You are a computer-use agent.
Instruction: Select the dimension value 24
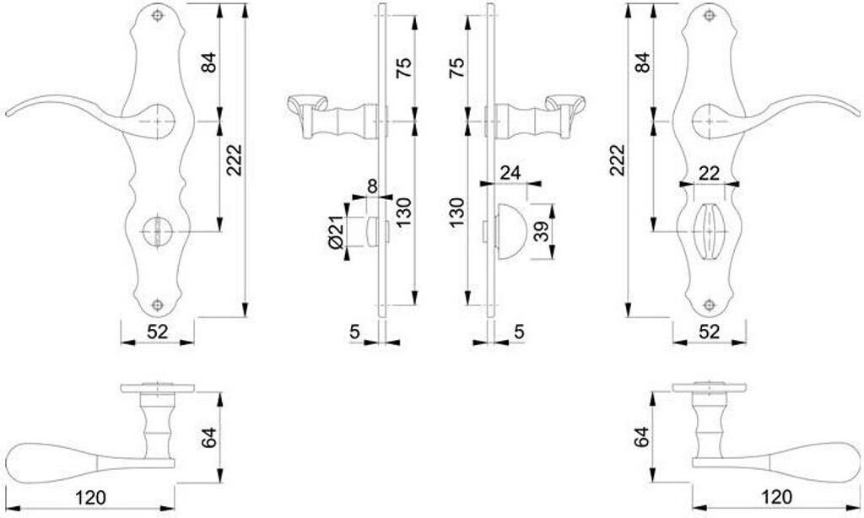pos(509,172)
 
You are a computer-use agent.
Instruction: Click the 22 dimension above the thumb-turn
pos(710,172)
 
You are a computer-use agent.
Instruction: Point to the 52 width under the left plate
pos(158,332)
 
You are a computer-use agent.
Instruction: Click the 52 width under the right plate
pos(710,332)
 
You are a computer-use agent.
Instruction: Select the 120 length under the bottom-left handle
pos(90,498)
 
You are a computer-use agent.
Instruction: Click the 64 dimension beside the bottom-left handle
pos(210,436)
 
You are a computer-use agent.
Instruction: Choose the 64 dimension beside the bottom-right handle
pos(643,436)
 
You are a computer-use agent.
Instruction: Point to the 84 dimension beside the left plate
pos(210,61)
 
